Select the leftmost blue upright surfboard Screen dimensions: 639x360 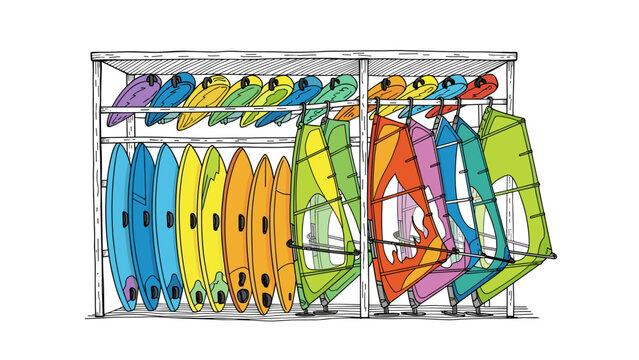coord(118,220)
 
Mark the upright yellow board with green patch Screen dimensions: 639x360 coord(213,225)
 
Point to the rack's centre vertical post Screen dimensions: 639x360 coord(364,180)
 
